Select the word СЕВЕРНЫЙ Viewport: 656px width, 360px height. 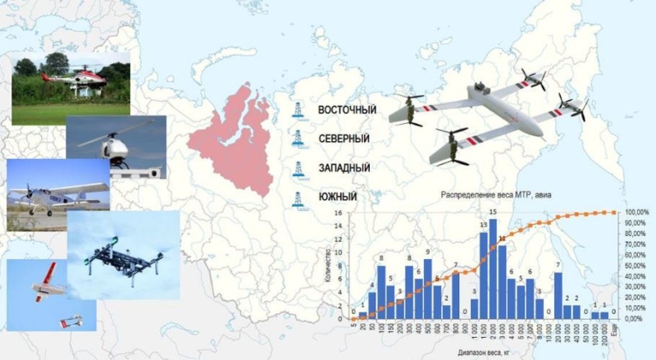click(344, 139)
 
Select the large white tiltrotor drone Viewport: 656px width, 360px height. click(476, 115)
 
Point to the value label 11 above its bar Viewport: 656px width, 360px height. click(503, 239)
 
